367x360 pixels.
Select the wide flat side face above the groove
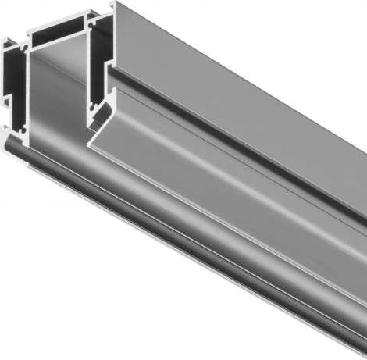[x=250, y=109]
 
